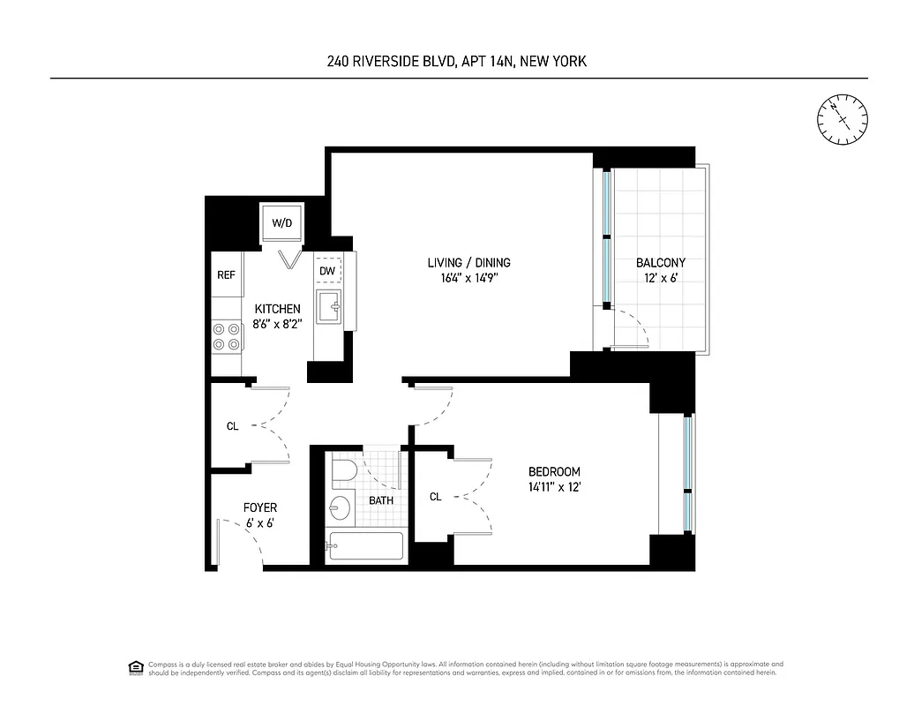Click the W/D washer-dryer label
tap(281, 223)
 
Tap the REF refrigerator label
tap(227, 275)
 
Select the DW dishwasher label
tap(327, 271)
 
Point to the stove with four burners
tap(227, 336)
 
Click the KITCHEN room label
tap(278, 309)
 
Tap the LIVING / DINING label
tap(468, 263)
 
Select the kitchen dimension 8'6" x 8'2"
tap(278, 324)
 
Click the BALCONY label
tap(661, 263)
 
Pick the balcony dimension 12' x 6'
tap(661, 278)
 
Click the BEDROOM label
tap(554, 472)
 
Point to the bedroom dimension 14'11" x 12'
tap(554, 487)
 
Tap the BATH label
tap(381, 500)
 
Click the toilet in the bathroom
tap(341, 469)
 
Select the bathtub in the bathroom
tap(364, 546)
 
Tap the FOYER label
tap(260, 508)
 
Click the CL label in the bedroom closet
tap(435, 498)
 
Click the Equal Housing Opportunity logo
tap(136, 666)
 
